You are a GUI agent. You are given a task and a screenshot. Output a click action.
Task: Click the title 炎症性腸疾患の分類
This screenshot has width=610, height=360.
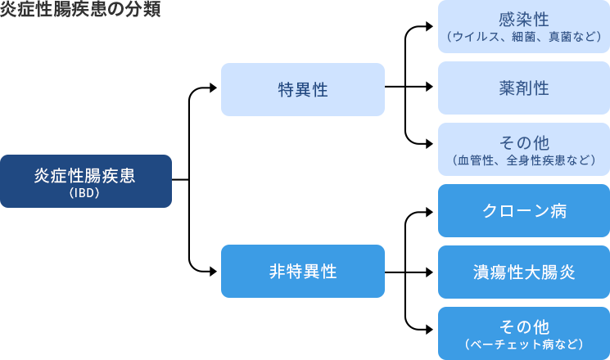pyautogui.click(x=80, y=11)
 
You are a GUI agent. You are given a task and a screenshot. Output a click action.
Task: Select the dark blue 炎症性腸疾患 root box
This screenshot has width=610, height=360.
pyautogui.click(x=86, y=181)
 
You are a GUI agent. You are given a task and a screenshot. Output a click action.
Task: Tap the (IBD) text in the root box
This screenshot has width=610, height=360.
pyautogui.click(x=85, y=195)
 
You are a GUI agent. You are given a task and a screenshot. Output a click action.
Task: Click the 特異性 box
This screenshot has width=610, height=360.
pyautogui.click(x=303, y=89)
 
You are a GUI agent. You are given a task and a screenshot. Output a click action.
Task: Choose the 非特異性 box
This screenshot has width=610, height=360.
pyautogui.click(x=303, y=271)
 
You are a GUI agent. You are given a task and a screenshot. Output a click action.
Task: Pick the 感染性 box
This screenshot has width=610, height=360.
pyautogui.click(x=523, y=26)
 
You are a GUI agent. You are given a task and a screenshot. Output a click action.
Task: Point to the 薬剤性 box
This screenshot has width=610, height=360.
pyautogui.click(x=523, y=88)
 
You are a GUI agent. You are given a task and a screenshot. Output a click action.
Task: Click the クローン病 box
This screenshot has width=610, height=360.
pyautogui.click(x=523, y=210)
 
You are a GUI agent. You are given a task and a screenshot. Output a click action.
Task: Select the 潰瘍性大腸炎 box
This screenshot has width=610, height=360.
pyautogui.click(x=523, y=272)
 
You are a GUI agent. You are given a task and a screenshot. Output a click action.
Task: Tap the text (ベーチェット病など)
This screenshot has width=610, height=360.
pyautogui.click(x=523, y=344)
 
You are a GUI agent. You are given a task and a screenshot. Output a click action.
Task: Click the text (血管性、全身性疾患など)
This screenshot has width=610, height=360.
pyautogui.click(x=523, y=160)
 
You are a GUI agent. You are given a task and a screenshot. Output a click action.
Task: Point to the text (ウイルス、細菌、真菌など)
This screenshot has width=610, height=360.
pyautogui.click(x=523, y=37)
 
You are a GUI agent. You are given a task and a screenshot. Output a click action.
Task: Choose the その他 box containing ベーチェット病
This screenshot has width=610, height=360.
pyautogui.click(x=523, y=333)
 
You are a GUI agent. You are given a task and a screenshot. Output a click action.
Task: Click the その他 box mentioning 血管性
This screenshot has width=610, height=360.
pyautogui.click(x=523, y=149)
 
